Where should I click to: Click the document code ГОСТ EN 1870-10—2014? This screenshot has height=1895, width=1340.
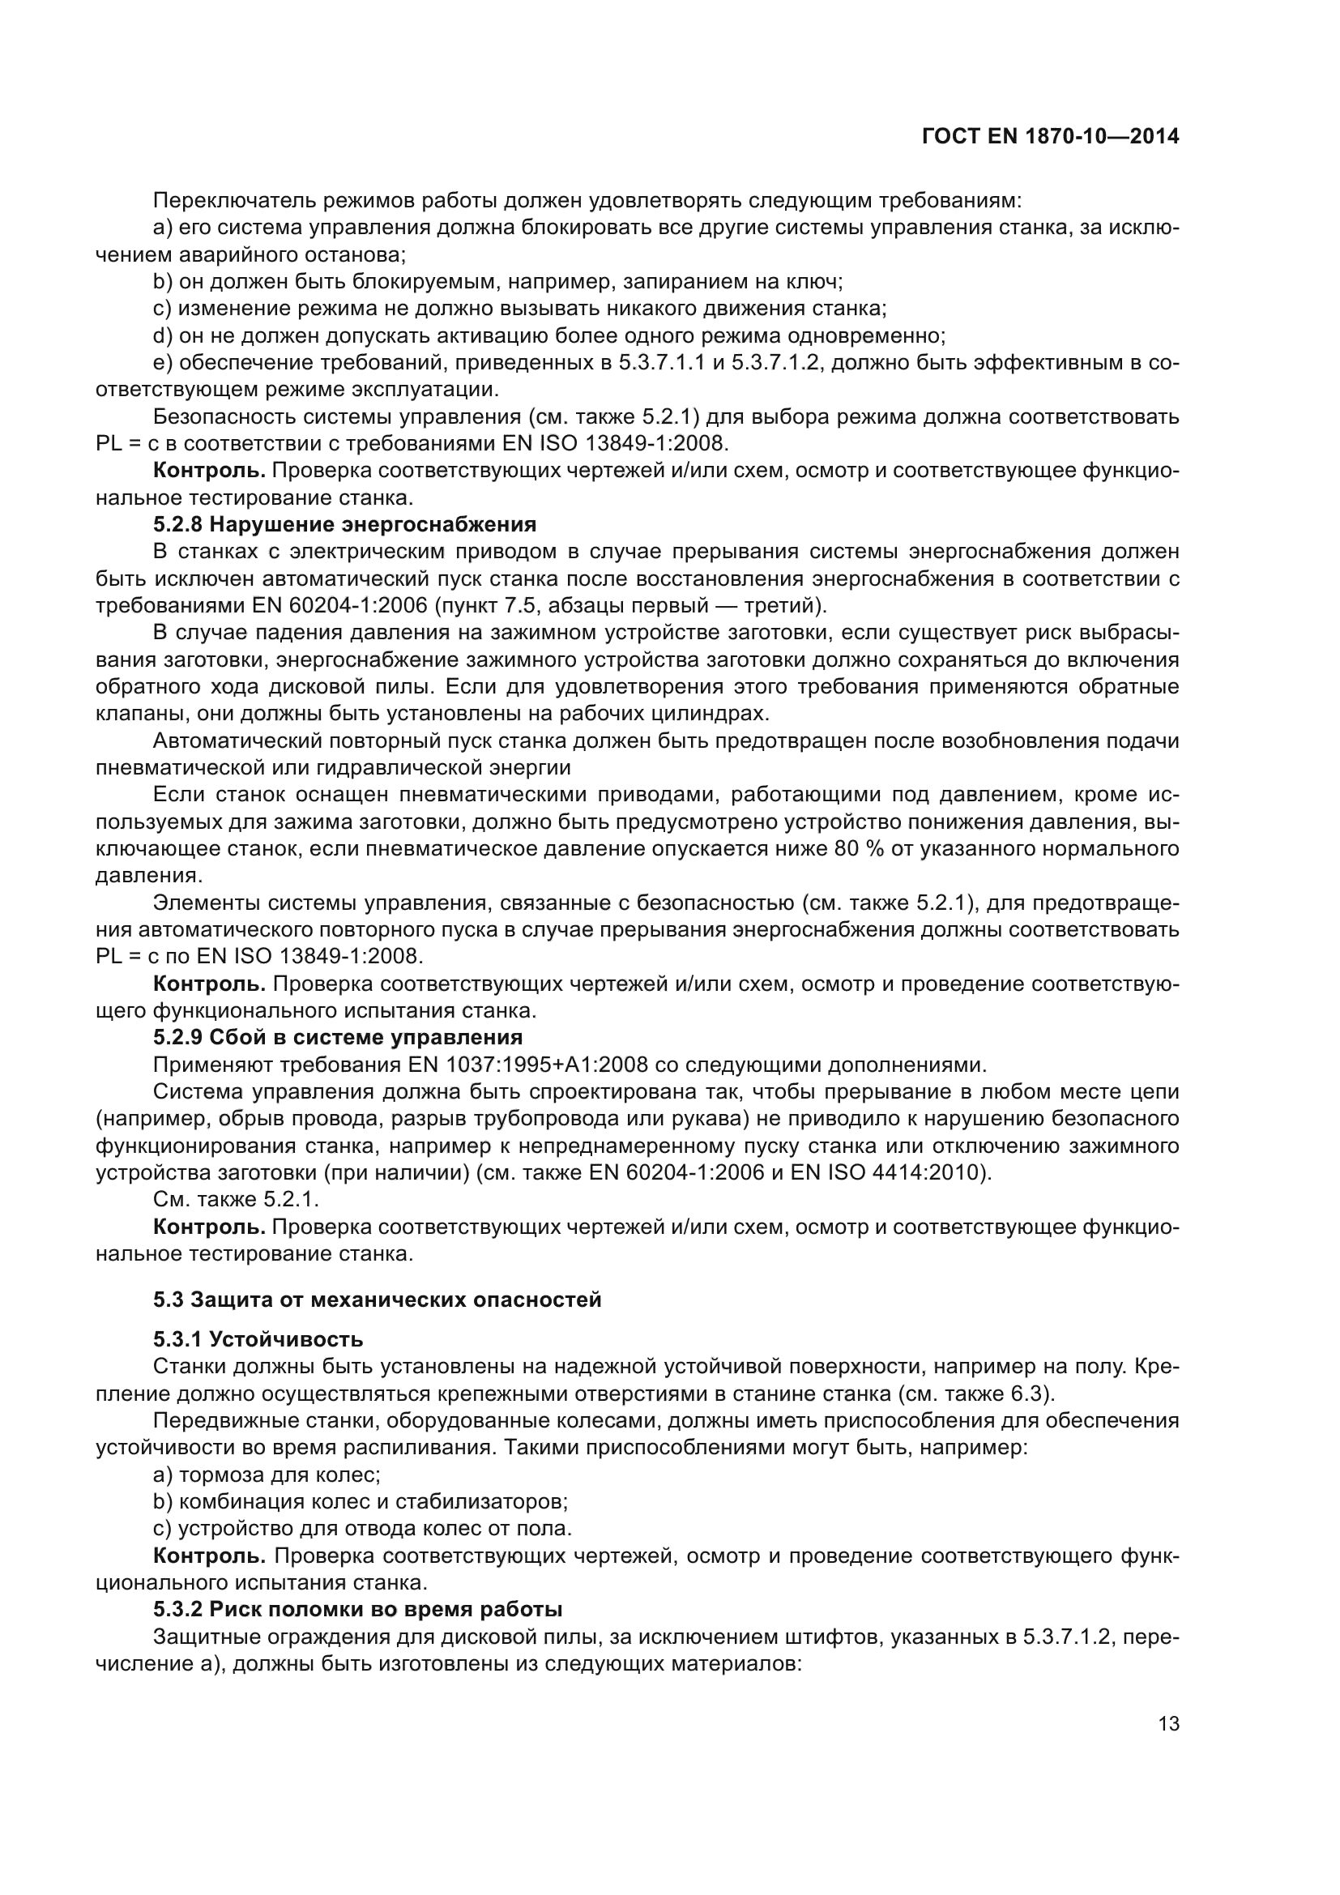pyautogui.click(x=1049, y=137)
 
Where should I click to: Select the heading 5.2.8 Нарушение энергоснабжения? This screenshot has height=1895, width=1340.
pyautogui.click(x=344, y=525)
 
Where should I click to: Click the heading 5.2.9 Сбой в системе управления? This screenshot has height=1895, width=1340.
pyautogui.click(x=338, y=1038)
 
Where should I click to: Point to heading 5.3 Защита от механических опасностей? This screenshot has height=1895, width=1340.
pyautogui.click(x=377, y=1300)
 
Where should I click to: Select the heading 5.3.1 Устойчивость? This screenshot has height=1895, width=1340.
pyautogui.click(x=258, y=1338)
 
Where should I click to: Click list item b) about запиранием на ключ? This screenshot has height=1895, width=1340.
pyautogui.click(x=497, y=282)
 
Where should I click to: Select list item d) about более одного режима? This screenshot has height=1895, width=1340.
pyautogui.click(x=548, y=336)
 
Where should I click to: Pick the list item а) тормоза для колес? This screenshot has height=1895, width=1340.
pyautogui.click(x=267, y=1475)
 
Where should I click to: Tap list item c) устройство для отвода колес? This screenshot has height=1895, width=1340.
pyautogui.click(x=362, y=1529)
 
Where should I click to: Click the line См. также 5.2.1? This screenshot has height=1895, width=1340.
pyautogui.click(x=236, y=1199)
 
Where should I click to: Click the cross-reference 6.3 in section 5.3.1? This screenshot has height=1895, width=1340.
pyautogui.click(x=1026, y=1394)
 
